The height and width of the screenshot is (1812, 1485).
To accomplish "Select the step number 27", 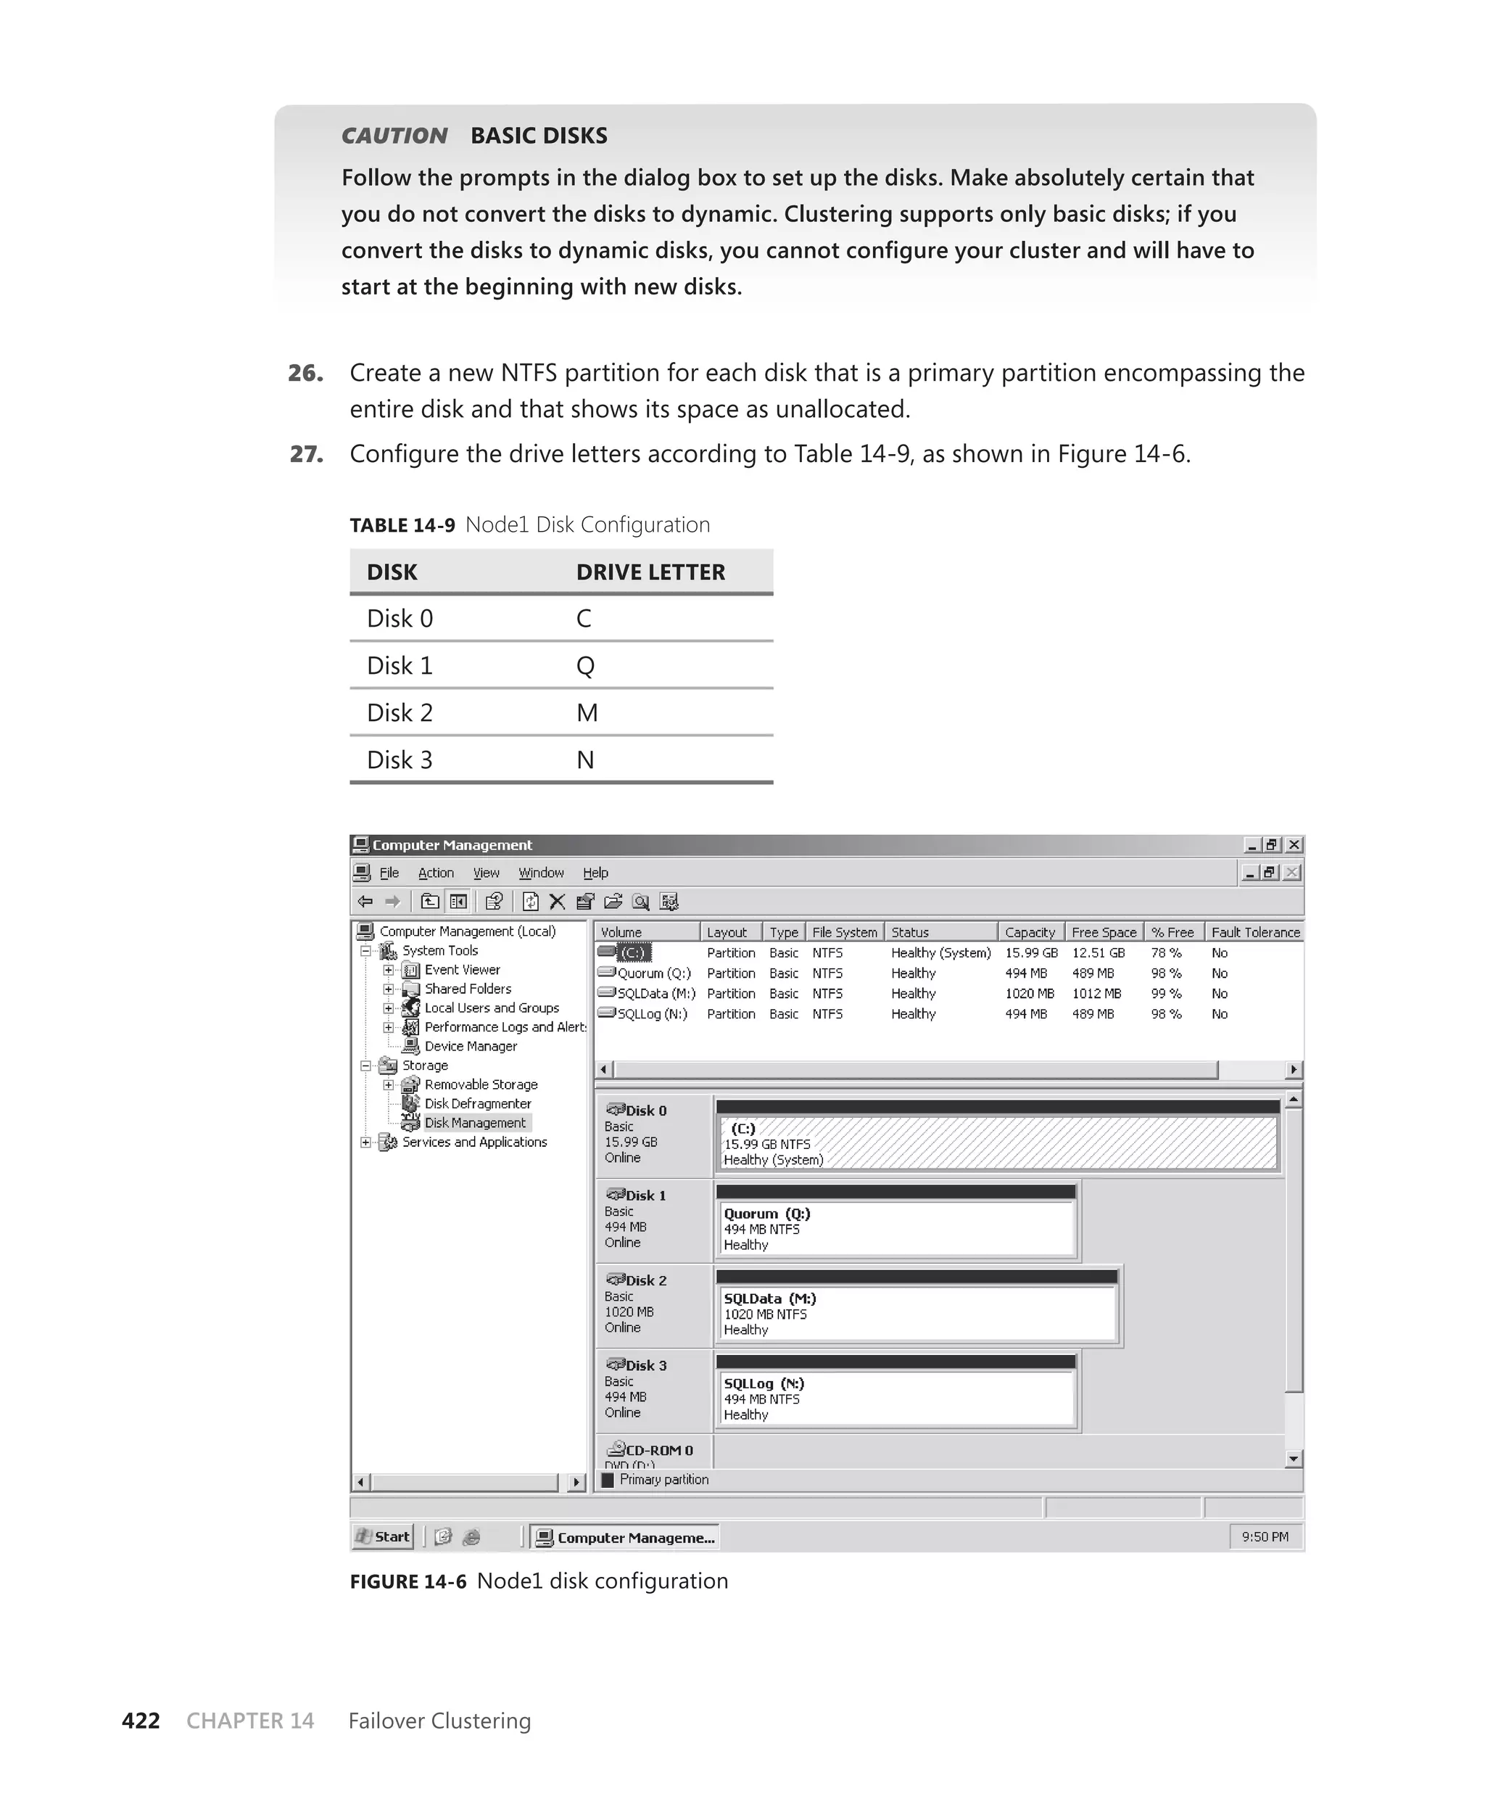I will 306,453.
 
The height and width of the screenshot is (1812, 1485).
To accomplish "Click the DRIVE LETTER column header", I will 650,572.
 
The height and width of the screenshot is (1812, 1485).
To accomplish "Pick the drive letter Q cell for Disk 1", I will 585,666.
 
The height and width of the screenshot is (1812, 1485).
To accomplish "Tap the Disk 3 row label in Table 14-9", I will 400,759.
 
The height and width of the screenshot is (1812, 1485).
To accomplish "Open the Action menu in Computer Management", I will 435,873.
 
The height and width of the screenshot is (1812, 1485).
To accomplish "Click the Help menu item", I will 595,873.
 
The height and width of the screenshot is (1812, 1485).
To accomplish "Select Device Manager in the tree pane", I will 471,1046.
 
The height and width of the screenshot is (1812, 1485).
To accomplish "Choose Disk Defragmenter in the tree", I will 477,1103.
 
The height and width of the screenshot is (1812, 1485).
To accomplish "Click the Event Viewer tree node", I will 462,969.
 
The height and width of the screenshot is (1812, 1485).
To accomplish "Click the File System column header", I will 844,931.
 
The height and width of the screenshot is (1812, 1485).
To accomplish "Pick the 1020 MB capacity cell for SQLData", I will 1029,993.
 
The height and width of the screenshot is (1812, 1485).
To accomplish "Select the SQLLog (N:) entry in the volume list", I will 652,1014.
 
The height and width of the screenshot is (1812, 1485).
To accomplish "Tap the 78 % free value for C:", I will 1165,952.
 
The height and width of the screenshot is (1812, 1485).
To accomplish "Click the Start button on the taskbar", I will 384,1536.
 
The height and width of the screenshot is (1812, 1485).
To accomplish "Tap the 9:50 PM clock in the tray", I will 1265,1536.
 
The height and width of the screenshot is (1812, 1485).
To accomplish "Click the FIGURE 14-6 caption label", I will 408,1581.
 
